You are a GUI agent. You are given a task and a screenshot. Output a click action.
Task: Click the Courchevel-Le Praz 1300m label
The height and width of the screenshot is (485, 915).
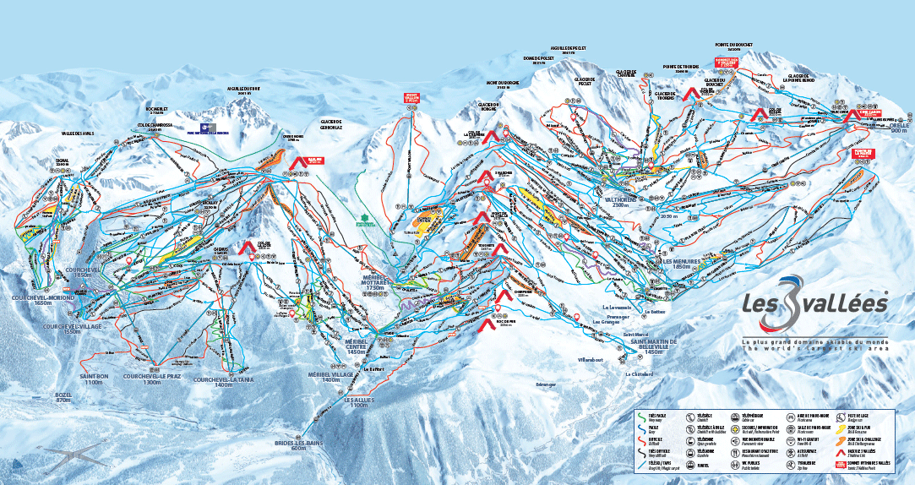153,379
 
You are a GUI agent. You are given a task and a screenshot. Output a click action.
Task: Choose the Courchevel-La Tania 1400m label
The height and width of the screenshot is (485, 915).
224,383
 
